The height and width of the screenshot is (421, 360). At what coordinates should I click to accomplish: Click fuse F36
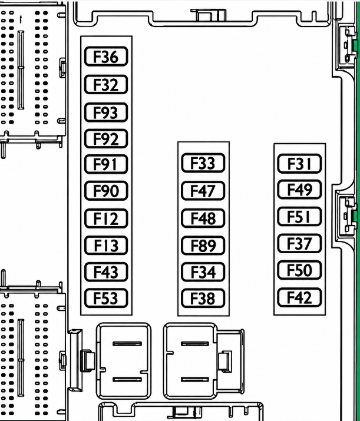pos(106,56)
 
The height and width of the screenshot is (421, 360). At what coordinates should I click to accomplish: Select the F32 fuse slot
pos(106,85)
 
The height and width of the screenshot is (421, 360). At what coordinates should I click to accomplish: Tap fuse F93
pos(106,112)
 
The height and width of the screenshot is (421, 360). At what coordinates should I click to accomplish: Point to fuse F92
pos(106,138)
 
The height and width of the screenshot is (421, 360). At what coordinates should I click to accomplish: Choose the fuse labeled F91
pos(106,164)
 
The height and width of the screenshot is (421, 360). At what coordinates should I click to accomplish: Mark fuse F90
pos(106,191)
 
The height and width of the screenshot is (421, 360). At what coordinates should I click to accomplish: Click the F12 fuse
pos(106,218)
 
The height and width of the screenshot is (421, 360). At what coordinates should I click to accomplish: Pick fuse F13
pos(106,245)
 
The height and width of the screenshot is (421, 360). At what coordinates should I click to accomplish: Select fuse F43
pos(106,271)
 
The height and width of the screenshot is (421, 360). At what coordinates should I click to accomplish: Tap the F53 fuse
pos(106,298)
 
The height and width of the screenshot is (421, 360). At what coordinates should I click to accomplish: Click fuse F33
pos(203,163)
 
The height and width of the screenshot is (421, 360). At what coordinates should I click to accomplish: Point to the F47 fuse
pos(203,191)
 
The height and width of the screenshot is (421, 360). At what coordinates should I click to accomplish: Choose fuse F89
pos(203,246)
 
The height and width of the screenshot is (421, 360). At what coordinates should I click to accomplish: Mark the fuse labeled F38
pos(203,298)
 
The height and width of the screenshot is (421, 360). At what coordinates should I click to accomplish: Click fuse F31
pos(299,164)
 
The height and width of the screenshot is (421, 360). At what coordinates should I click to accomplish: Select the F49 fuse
pos(299,190)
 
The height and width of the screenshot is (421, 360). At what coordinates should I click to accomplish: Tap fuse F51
pos(299,217)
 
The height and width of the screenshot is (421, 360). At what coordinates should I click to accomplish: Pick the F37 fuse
pos(299,244)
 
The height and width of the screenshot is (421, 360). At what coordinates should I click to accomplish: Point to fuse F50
pos(299,270)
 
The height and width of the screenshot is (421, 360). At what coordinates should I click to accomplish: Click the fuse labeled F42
pos(299,297)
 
